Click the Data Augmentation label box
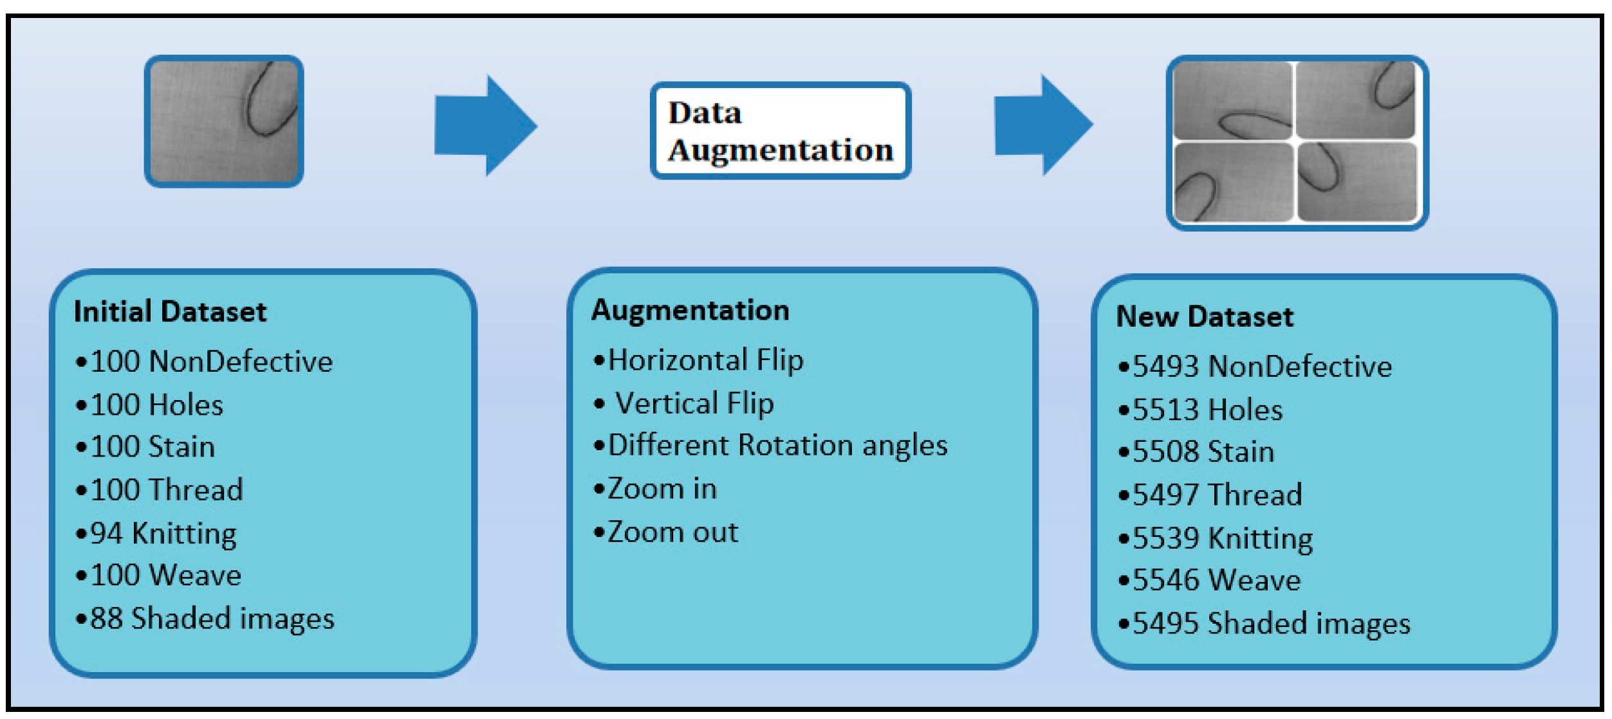[x=780, y=131]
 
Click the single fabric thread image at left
[x=223, y=122]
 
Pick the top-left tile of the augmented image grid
[x=1232, y=100]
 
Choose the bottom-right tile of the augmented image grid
[x=1357, y=182]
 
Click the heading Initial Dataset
[x=170, y=312]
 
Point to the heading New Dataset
[x=1204, y=317]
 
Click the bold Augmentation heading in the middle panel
[x=690, y=311]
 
